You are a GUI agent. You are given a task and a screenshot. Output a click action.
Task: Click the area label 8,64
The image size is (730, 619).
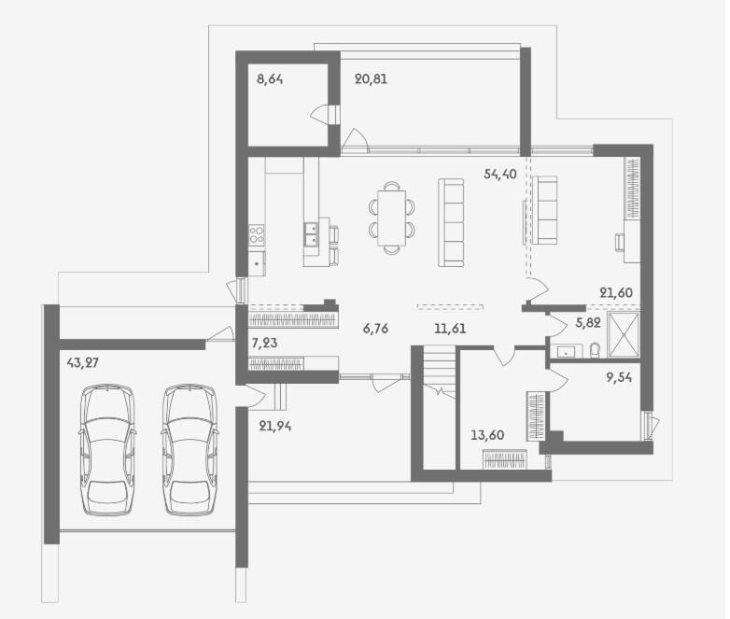[270, 79]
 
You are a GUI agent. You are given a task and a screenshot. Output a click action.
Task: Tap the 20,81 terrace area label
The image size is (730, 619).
[371, 79]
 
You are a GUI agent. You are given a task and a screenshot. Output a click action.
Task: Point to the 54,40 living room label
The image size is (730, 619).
[500, 175]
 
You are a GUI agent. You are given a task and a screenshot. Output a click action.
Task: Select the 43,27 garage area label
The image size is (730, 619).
[82, 362]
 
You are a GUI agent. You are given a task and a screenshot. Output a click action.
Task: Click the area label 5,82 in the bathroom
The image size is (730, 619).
[588, 323]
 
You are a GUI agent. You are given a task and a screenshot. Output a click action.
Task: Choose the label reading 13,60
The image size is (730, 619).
[487, 435]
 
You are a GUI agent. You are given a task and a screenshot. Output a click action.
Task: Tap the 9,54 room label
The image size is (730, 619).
[619, 377]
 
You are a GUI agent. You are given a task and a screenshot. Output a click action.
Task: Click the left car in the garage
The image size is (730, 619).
[107, 449]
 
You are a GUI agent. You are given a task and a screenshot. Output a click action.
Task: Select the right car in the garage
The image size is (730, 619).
[190, 449]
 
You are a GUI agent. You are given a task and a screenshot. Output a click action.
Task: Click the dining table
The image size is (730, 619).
[391, 218]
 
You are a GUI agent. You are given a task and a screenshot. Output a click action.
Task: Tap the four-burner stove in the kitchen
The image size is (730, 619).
[256, 233]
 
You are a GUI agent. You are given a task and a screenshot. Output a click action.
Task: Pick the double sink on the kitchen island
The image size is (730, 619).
[312, 233]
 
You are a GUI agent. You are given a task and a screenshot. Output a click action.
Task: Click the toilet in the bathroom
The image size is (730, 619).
[595, 351]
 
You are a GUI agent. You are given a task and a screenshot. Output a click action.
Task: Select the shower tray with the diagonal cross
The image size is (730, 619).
[624, 335]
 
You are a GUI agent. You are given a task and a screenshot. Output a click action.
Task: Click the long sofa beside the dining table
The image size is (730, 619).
[451, 222]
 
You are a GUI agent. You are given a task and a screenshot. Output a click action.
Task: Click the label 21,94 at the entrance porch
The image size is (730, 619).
[275, 426]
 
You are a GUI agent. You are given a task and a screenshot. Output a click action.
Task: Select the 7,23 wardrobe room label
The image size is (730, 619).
[264, 344]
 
